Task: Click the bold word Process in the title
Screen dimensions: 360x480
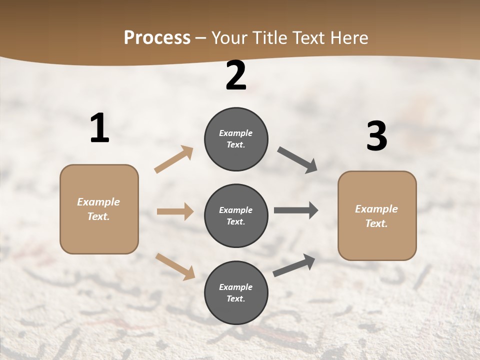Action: pyautogui.click(x=157, y=38)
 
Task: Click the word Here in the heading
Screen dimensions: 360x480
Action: pyautogui.click(x=347, y=38)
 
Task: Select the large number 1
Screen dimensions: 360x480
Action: pyautogui.click(x=99, y=128)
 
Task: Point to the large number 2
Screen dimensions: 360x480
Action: pyautogui.click(x=236, y=75)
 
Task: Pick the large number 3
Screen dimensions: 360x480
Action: pyautogui.click(x=376, y=136)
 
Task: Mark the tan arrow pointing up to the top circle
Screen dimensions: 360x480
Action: pyautogui.click(x=174, y=159)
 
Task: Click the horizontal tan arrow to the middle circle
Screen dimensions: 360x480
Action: pyautogui.click(x=175, y=211)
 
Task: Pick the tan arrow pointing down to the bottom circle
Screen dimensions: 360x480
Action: pyautogui.click(x=175, y=266)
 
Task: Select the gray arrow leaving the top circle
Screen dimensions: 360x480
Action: pyautogui.click(x=297, y=160)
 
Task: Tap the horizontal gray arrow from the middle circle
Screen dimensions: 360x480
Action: pyautogui.click(x=296, y=210)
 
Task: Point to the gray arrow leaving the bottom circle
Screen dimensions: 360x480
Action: pyautogui.click(x=294, y=265)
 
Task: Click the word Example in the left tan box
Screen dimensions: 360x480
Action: pyautogui.click(x=98, y=202)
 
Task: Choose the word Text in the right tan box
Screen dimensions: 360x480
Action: pyautogui.click(x=376, y=223)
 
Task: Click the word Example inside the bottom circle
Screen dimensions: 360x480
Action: pyautogui.click(x=236, y=287)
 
